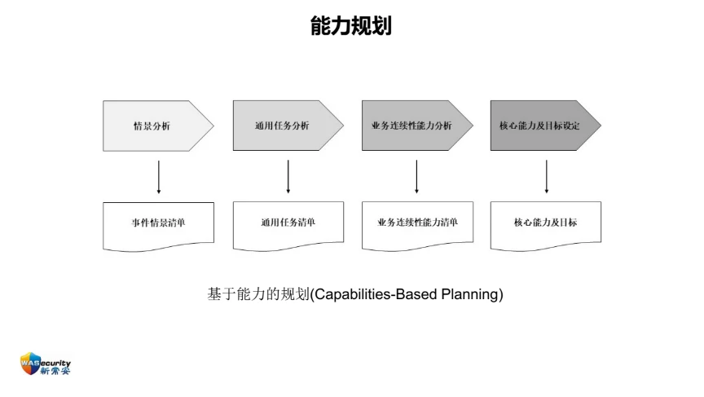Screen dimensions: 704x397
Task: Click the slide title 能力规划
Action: tap(350, 25)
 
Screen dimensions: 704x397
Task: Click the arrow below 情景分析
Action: tap(159, 177)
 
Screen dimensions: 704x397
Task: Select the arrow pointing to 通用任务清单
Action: tap(288, 177)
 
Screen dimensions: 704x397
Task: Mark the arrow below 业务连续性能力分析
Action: tap(416, 177)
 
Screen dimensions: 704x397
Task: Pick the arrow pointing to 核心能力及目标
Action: tap(547, 177)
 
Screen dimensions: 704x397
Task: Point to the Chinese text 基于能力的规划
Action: tap(258, 294)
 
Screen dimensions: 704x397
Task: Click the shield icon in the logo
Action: tap(30, 364)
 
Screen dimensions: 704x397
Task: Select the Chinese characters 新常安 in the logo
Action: tap(55, 371)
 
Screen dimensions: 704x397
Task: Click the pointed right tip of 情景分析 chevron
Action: tap(213, 126)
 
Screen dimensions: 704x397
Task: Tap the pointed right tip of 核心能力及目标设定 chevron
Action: tap(601, 126)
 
